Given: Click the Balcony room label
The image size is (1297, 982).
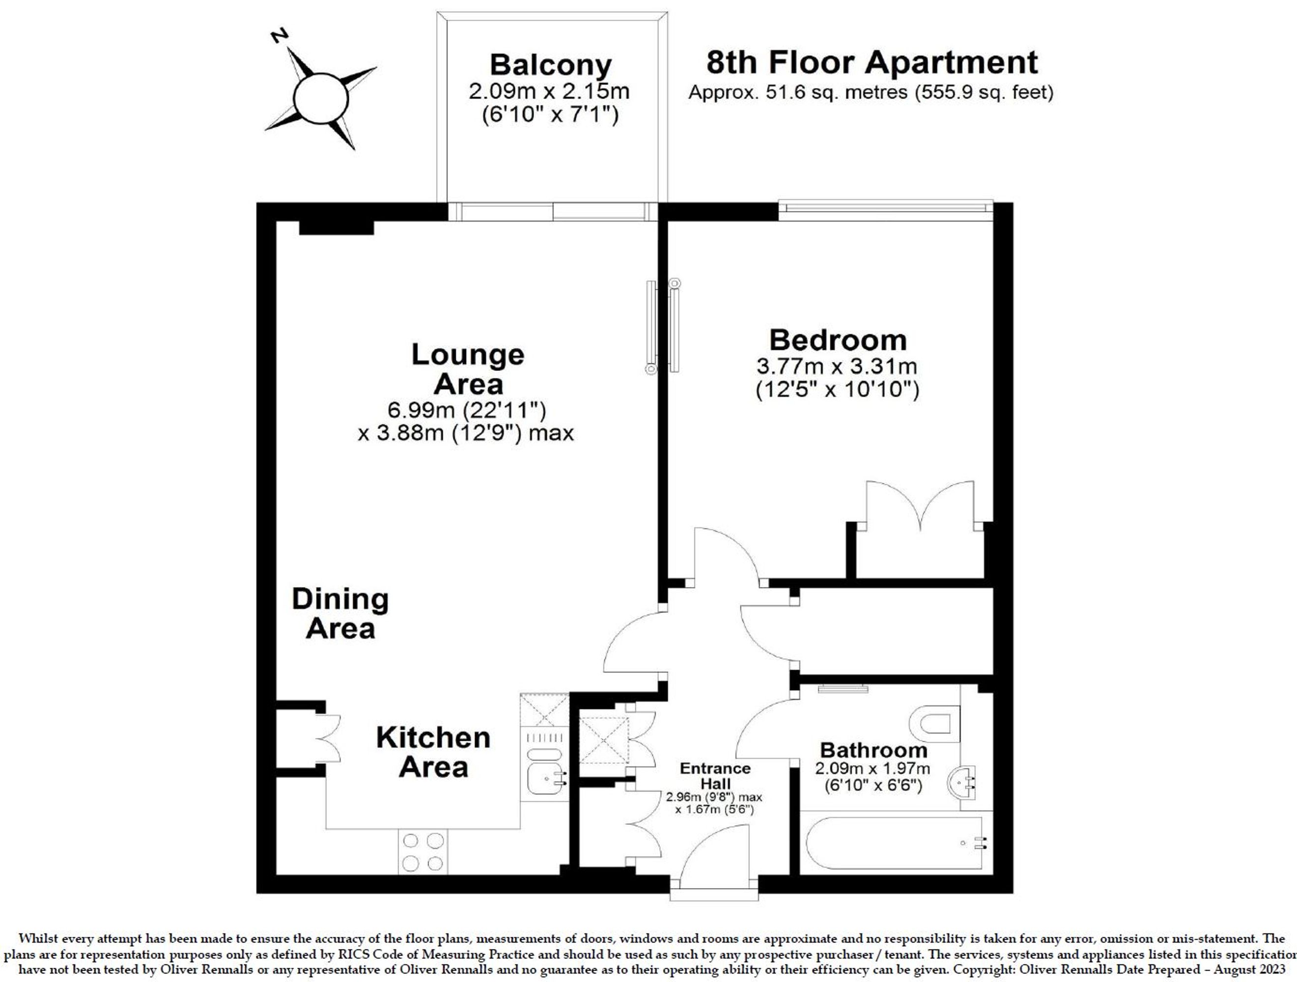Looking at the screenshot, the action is (551, 65).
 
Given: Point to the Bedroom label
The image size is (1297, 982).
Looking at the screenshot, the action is (837, 340).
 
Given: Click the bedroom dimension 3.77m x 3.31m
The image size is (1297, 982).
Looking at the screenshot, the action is (837, 366).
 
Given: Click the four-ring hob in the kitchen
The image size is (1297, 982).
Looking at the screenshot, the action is (422, 852).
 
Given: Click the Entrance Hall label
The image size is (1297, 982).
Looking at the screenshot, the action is (715, 776).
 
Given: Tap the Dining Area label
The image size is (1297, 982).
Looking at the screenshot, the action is (340, 613).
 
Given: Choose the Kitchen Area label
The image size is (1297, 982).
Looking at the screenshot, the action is (433, 752).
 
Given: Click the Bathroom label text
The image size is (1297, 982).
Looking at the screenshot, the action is (873, 750).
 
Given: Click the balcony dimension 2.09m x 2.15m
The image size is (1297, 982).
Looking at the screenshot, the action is (549, 91).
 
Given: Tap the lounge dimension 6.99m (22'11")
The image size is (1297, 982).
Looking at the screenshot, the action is (467, 410).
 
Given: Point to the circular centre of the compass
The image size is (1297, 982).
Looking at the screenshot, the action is (321, 98).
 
